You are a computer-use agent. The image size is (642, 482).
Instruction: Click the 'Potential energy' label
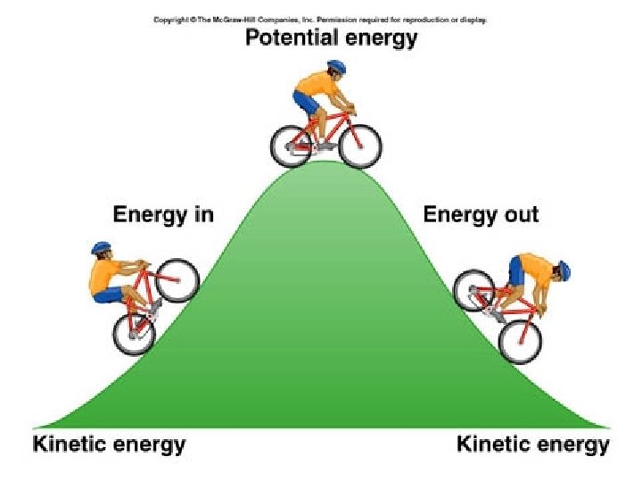coord(332,39)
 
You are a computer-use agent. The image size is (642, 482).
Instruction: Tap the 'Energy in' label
coord(163,214)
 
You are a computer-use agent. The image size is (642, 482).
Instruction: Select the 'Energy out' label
coord(481,214)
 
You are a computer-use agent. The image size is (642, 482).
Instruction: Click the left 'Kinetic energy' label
coord(110,444)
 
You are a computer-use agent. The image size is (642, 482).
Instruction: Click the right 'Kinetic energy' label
coord(533,444)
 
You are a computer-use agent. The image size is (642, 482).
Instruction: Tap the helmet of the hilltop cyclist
coord(335,67)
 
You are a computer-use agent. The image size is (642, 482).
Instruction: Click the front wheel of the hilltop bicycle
coord(359,145)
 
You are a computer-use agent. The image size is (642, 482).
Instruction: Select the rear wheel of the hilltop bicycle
coord(292,145)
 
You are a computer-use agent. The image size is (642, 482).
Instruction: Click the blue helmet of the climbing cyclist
coord(101,247)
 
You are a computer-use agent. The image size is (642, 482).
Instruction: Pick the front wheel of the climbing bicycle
coord(177,279)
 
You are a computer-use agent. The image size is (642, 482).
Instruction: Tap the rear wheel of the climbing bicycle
coord(134,333)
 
